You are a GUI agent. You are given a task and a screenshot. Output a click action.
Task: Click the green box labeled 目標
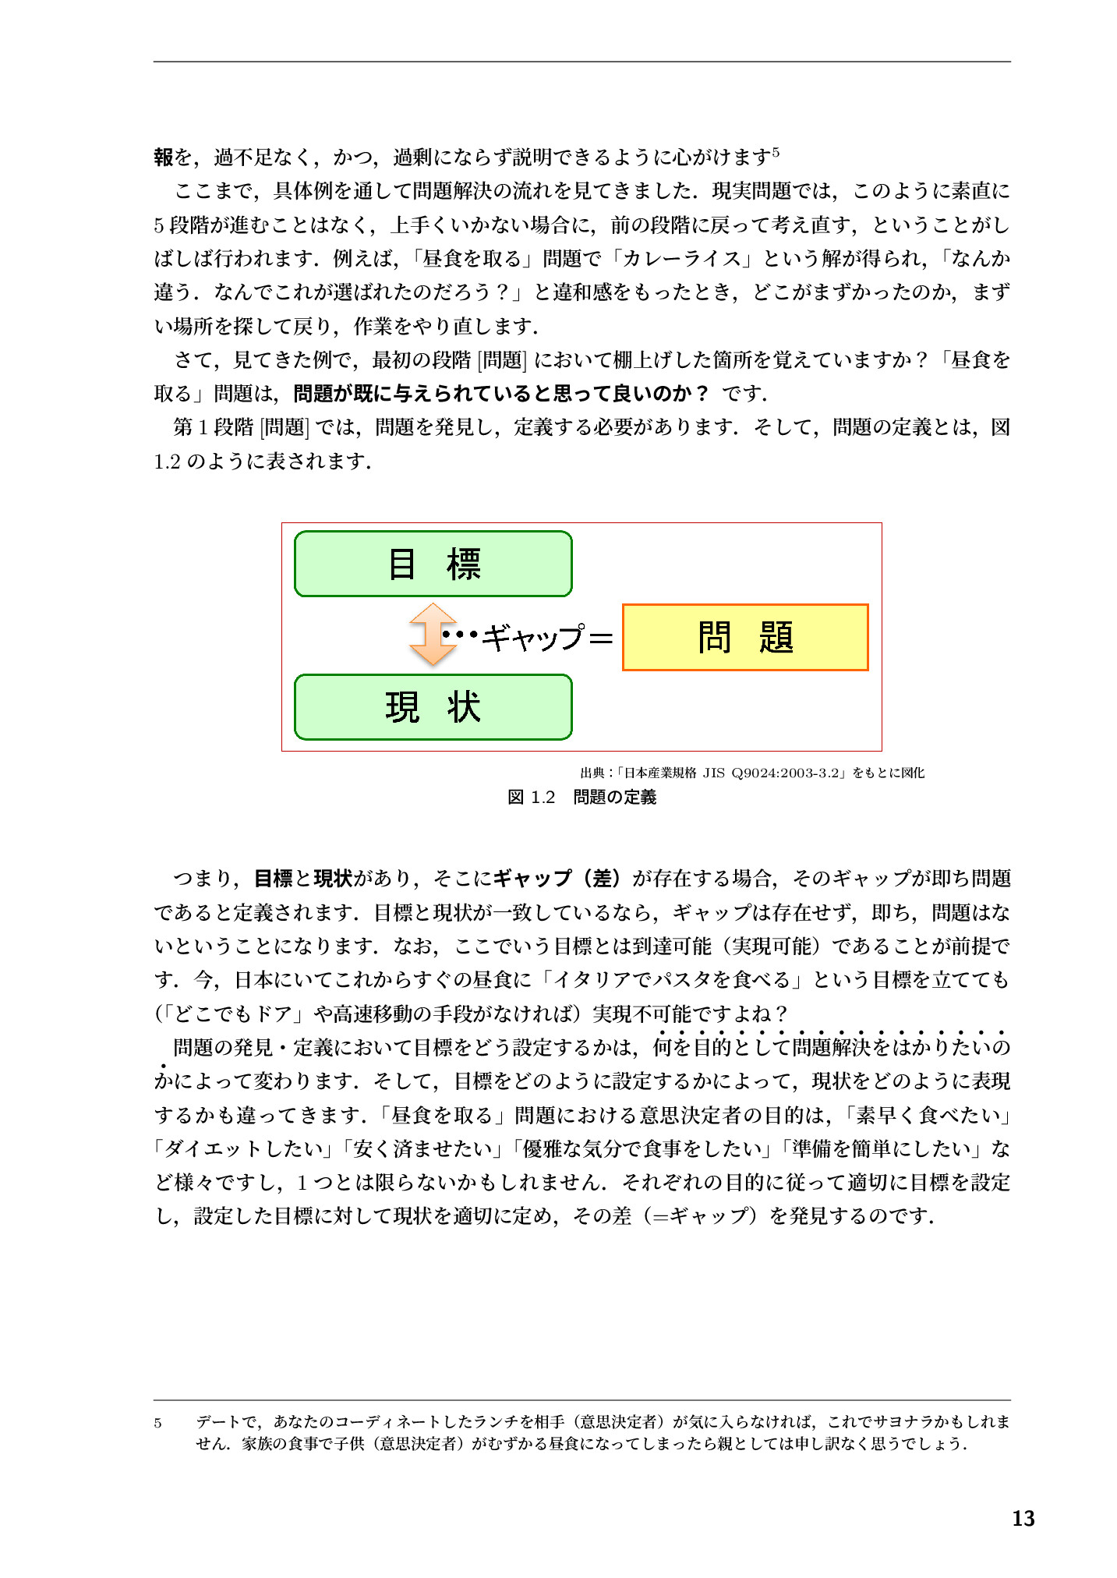click(433, 564)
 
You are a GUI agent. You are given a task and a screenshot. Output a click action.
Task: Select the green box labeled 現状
click(433, 707)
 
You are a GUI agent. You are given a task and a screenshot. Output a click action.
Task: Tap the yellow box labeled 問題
click(744, 637)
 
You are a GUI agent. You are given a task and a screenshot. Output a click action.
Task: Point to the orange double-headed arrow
click(432, 635)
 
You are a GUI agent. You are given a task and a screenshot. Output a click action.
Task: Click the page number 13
click(1023, 1518)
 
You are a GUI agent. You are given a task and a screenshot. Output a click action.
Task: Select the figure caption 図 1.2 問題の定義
click(581, 797)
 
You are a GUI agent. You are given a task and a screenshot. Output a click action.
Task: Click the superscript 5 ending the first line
click(776, 153)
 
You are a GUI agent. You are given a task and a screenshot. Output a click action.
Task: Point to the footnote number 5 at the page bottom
click(158, 1423)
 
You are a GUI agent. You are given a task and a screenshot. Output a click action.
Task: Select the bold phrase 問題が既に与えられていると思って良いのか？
click(500, 394)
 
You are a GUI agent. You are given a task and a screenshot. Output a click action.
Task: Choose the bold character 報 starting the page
click(164, 157)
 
